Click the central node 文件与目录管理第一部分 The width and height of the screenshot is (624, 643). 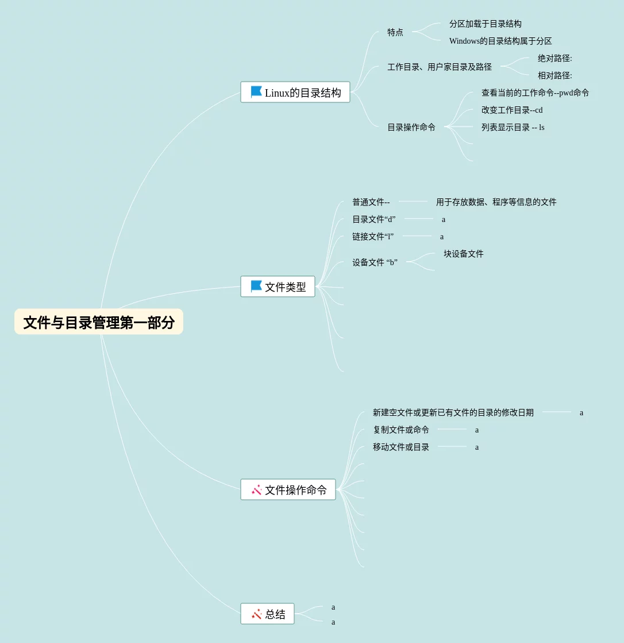[x=99, y=322]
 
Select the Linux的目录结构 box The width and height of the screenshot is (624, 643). [x=295, y=92]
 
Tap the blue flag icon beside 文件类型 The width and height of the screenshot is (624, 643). [x=256, y=286]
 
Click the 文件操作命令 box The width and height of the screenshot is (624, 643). [x=288, y=489]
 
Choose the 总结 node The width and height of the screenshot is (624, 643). [x=267, y=614]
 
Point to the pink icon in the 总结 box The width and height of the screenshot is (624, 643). [x=256, y=614]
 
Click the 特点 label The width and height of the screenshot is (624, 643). [x=395, y=32]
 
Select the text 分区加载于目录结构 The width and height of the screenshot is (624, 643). [x=485, y=24]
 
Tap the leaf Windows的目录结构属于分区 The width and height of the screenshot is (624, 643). [x=500, y=41]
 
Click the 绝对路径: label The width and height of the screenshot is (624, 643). [x=554, y=58]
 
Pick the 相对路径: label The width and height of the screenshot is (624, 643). [x=554, y=75]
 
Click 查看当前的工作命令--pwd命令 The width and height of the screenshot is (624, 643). [x=535, y=93]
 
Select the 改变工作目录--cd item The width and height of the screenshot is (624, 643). [x=511, y=110]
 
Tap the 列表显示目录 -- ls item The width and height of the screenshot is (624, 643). [x=513, y=127]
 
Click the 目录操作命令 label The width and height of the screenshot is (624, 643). [x=411, y=127]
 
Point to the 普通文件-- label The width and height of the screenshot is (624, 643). [x=371, y=202]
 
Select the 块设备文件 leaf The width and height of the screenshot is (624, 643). [x=463, y=254]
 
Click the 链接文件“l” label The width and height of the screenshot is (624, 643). [x=372, y=236]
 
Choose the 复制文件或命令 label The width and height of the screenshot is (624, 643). [x=400, y=430]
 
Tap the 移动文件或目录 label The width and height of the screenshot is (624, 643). [x=400, y=447]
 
